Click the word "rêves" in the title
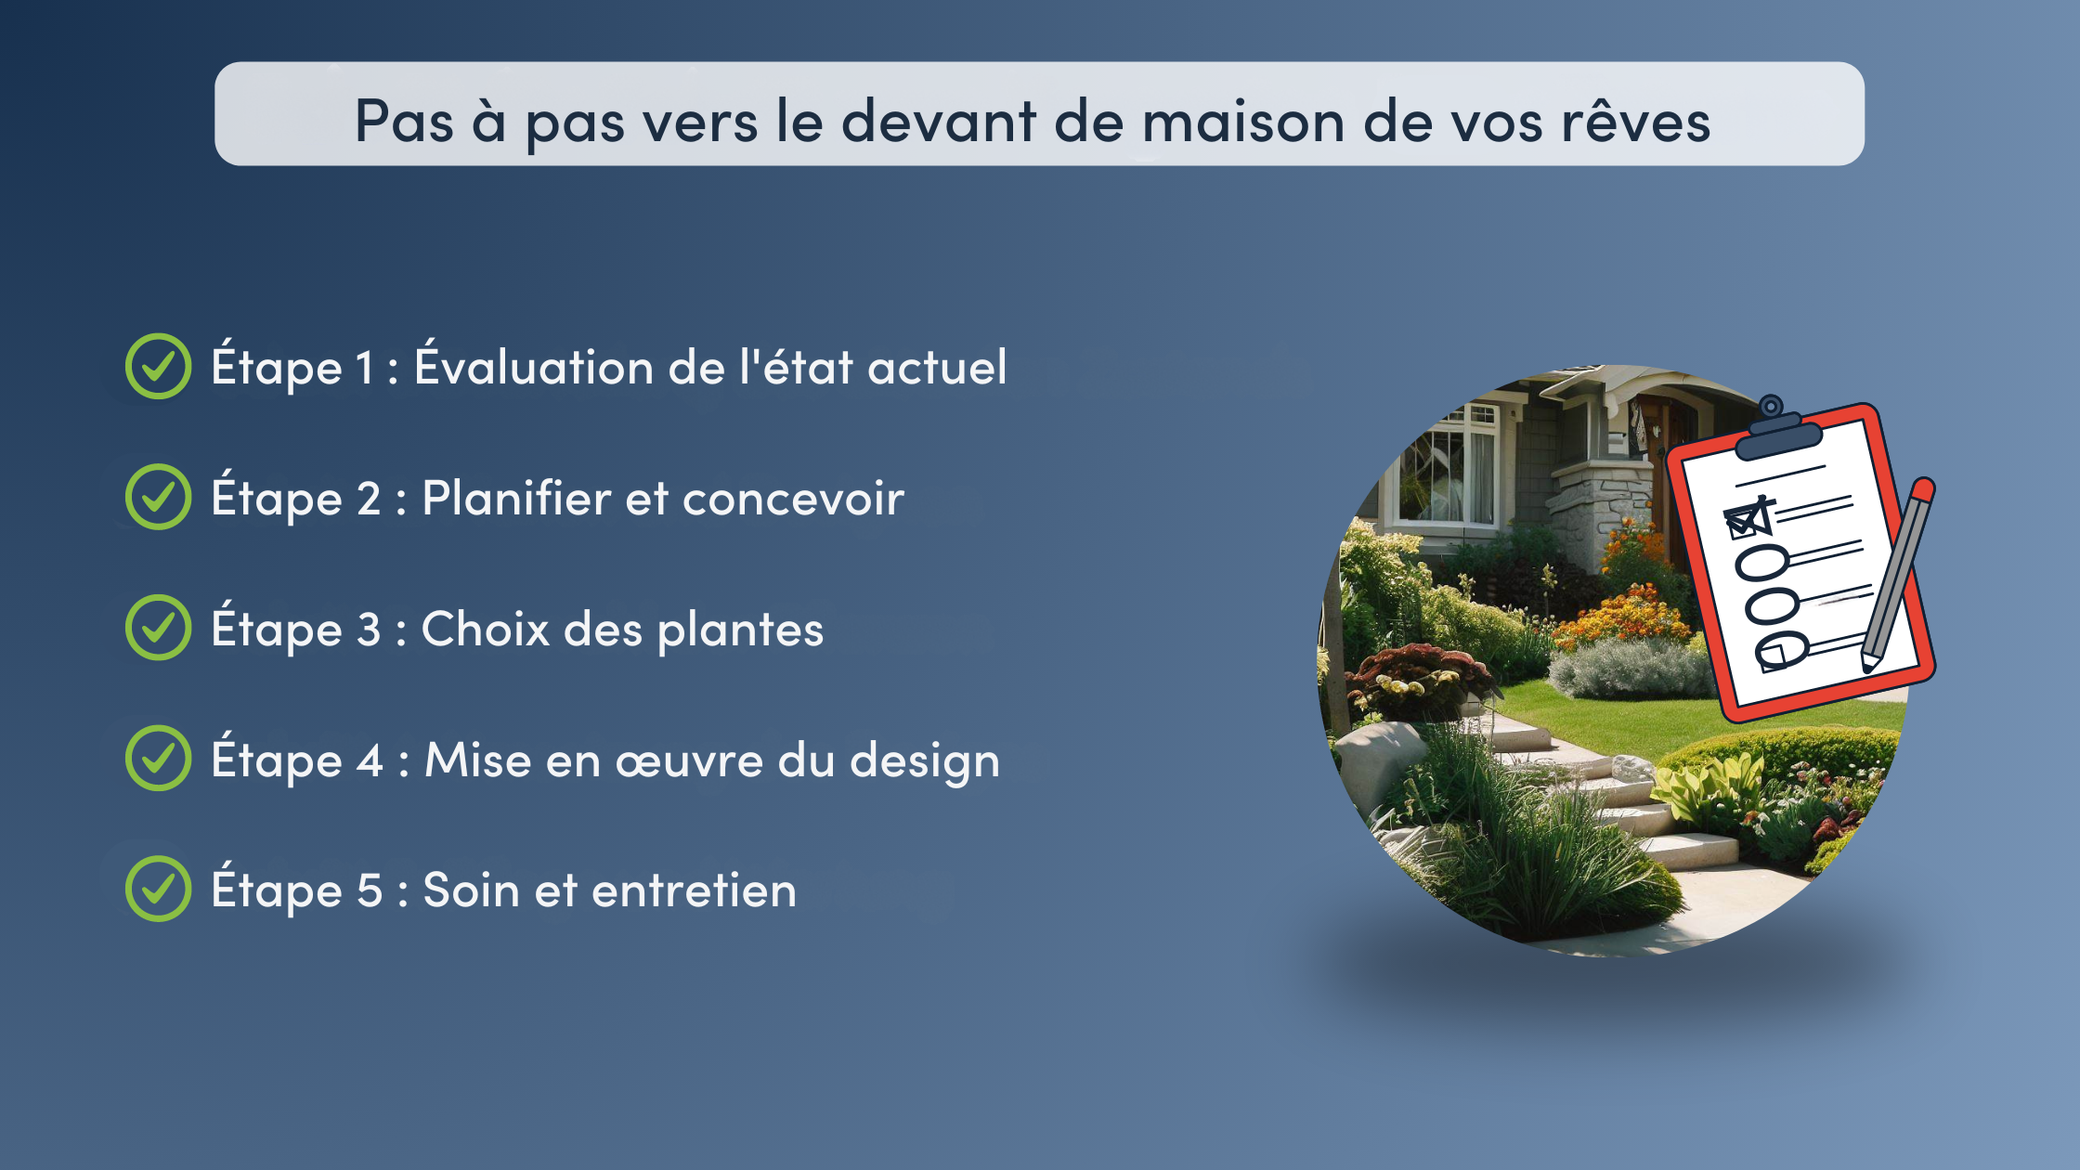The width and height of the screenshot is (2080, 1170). click(1635, 122)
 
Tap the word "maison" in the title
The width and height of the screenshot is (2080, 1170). click(1243, 123)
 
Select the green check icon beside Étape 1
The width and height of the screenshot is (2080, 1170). click(159, 366)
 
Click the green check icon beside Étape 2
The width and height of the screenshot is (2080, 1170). click(159, 497)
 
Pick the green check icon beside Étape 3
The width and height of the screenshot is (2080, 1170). click(159, 628)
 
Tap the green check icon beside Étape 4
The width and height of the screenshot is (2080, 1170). click(159, 758)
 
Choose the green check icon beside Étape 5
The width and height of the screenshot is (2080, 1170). click(159, 889)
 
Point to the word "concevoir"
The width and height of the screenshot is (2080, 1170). click(793, 499)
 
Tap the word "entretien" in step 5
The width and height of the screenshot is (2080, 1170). click(694, 890)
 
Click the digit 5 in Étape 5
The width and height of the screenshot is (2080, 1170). click(370, 890)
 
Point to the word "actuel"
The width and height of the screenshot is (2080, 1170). click(937, 367)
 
